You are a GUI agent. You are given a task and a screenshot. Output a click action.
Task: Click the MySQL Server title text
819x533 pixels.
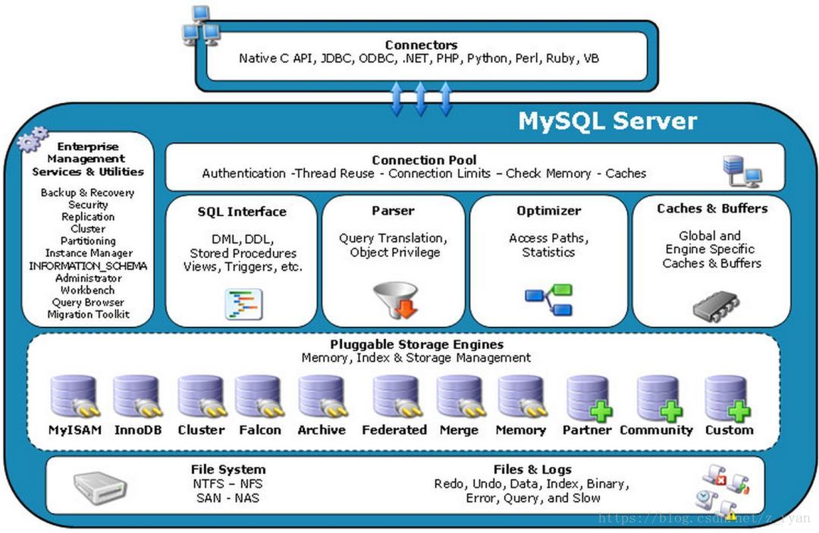tap(607, 121)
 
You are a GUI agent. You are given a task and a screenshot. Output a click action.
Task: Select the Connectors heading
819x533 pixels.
tap(421, 45)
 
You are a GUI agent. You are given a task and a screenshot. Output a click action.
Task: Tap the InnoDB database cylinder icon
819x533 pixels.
tap(136, 397)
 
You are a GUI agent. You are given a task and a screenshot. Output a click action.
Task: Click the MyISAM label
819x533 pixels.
tap(75, 430)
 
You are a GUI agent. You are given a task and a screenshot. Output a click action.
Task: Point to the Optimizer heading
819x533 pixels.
tap(548, 211)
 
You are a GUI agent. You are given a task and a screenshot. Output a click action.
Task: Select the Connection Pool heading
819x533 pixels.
tap(424, 160)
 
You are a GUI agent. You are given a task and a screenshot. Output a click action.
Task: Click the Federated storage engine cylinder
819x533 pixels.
tap(394, 397)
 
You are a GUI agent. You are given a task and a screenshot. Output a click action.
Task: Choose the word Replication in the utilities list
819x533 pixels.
tap(88, 217)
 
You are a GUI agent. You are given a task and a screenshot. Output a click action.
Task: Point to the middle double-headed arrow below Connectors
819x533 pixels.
tap(420, 99)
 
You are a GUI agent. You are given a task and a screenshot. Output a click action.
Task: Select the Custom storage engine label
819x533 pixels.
tap(729, 430)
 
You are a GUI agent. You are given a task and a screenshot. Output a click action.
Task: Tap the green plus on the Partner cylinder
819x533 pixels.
tap(601, 412)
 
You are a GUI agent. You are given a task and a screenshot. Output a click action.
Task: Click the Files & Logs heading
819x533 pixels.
tap(532, 469)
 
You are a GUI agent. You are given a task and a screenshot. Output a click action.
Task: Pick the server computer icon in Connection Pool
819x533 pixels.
tap(742, 171)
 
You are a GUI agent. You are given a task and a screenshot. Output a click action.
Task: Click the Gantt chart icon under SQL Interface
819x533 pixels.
tap(243, 304)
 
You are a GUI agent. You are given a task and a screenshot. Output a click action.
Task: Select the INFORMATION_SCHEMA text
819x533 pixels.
tap(88, 266)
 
